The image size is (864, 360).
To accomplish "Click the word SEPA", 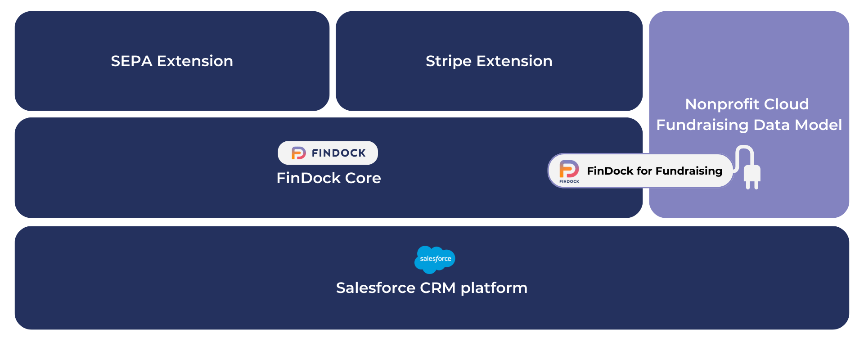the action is coord(131,61).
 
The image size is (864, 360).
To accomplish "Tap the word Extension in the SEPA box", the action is coord(195,61).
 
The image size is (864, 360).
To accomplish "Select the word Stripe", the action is coord(449,62).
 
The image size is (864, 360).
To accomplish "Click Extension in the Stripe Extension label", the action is coord(514,61).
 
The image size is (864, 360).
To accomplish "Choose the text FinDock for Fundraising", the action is coord(655,171).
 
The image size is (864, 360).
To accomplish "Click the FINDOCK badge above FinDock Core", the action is coord(328,153).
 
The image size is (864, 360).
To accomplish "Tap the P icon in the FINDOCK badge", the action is coord(298,153).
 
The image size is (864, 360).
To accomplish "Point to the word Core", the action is coord(363,178).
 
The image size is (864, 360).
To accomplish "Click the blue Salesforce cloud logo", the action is coord(435,260).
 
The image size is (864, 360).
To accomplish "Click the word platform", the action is coord(494,288).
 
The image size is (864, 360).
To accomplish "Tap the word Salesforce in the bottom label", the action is coord(376,288).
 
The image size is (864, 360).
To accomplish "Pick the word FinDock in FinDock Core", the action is coord(309,178).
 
